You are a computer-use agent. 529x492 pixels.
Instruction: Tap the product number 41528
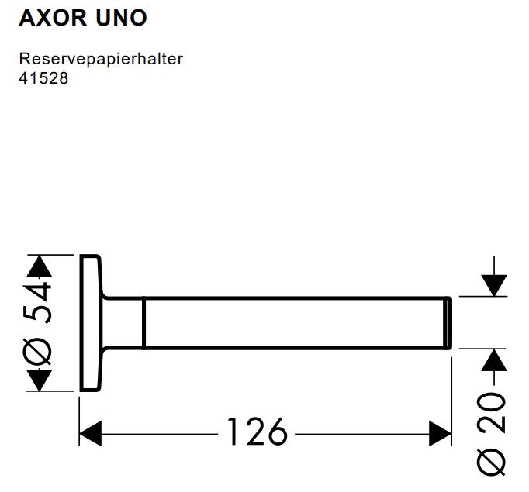point(43,78)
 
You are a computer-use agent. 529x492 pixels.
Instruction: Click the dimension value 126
point(257,432)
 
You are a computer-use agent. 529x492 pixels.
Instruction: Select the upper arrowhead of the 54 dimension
point(40,266)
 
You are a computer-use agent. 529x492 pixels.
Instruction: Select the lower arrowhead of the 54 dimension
point(40,380)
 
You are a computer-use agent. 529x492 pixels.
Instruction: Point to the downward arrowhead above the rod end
point(493,284)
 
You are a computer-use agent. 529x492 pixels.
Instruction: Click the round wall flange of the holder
point(90,322)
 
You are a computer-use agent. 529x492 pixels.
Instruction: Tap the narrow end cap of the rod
point(448,322)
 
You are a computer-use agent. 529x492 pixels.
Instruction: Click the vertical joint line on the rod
point(144,322)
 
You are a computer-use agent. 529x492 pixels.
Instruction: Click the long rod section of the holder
point(295,322)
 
